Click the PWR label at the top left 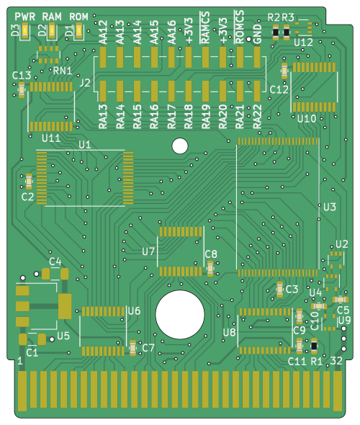25,17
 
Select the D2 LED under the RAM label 52,30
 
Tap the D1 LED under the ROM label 78,30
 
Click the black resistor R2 276,32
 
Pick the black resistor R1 314,346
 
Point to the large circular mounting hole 180,314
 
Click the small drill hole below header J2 179,146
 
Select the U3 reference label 330,207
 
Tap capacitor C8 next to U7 210,269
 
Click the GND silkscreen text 257,34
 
